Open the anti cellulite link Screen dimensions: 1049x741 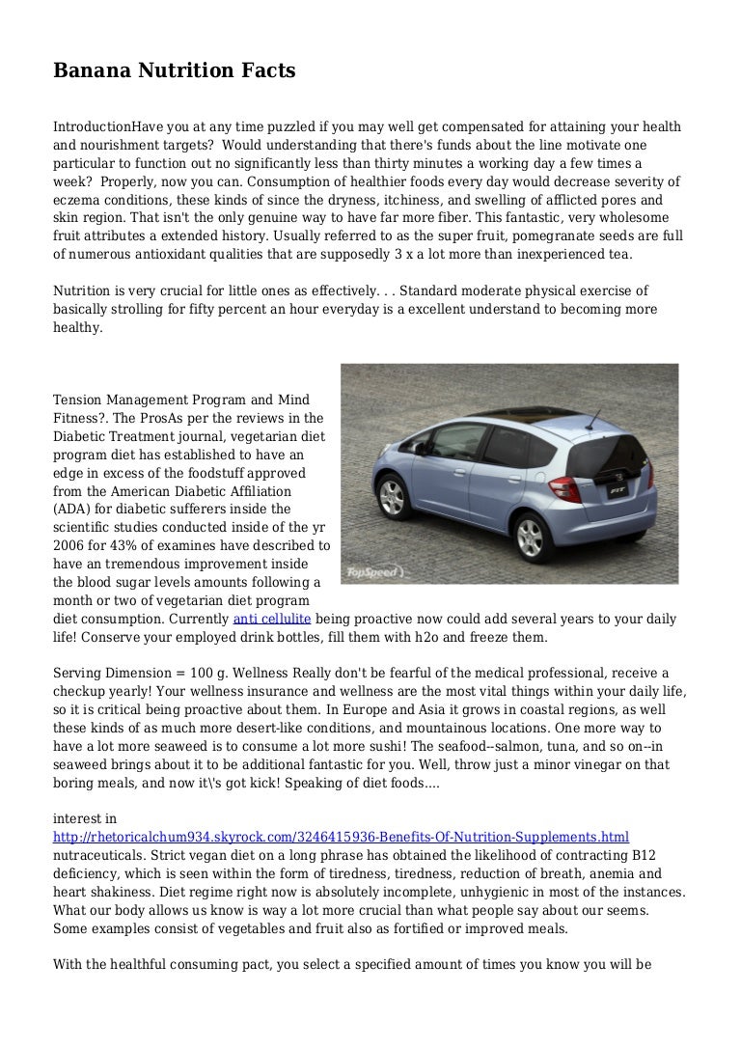[x=272, y=619]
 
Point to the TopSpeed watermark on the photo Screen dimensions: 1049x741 [x=375, y=571]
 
